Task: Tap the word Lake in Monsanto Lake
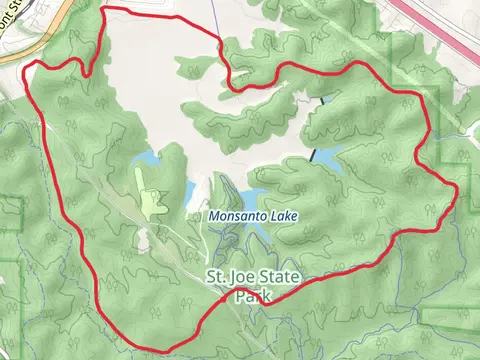point(283,216)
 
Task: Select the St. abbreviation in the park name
point(215,277)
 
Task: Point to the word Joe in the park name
point(244,277)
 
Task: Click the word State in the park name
point(280,277)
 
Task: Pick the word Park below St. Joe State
point(252,296)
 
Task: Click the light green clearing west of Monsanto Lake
point(153,200)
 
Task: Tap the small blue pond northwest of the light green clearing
point(147,159)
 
